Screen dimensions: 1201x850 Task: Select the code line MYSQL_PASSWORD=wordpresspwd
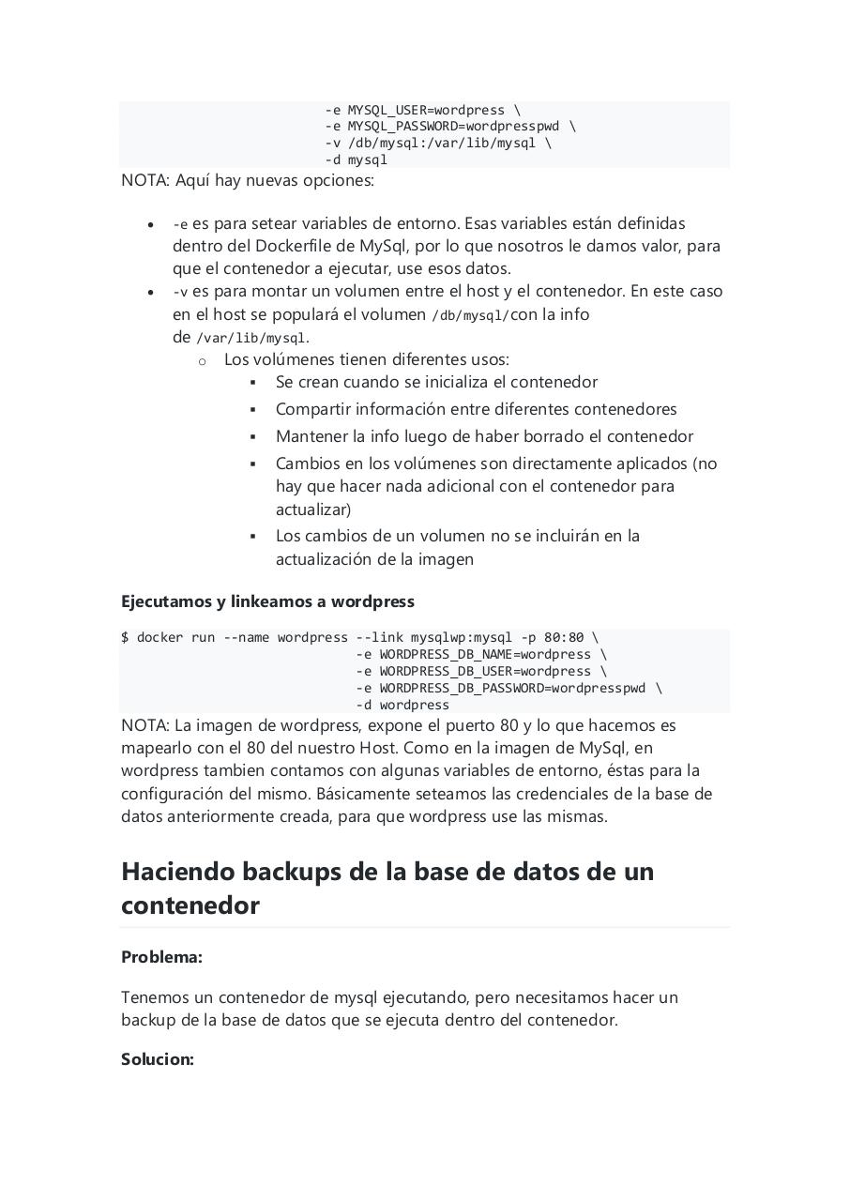pos(450,126)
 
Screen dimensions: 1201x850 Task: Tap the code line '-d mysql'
pos(357,160)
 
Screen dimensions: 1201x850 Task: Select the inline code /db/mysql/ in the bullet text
pos(470,315)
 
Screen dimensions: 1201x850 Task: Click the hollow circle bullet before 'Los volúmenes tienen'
pos(202,360)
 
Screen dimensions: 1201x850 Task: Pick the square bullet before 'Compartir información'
pos(253,410)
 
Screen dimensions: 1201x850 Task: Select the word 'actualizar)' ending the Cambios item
pos(313,509)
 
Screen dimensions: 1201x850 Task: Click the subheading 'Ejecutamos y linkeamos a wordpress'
pos(267,601)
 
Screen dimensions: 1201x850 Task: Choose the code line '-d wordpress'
pos(402,705)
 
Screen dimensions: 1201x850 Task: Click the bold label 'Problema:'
pos(161,957)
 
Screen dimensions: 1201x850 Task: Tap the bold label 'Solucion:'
pos(158,1059)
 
